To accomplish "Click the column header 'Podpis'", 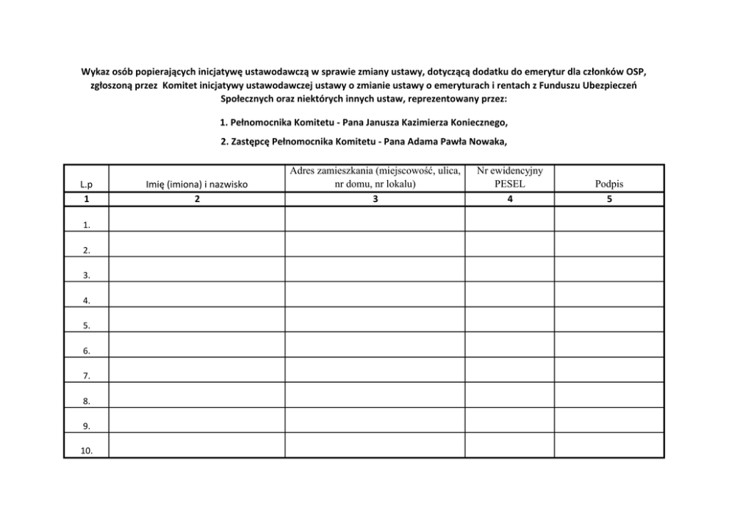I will point(609,184).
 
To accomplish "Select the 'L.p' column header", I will point(87,185).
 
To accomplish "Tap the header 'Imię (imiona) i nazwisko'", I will point(196,185).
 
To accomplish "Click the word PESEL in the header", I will point(509,184).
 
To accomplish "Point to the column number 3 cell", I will point(375,199).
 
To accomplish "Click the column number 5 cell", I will point(609,199).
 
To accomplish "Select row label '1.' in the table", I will point(87,226).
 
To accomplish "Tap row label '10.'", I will point(86,451).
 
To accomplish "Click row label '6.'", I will point(87,351).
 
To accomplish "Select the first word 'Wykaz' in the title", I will point(93,72).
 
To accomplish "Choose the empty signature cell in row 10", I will point(609,445).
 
